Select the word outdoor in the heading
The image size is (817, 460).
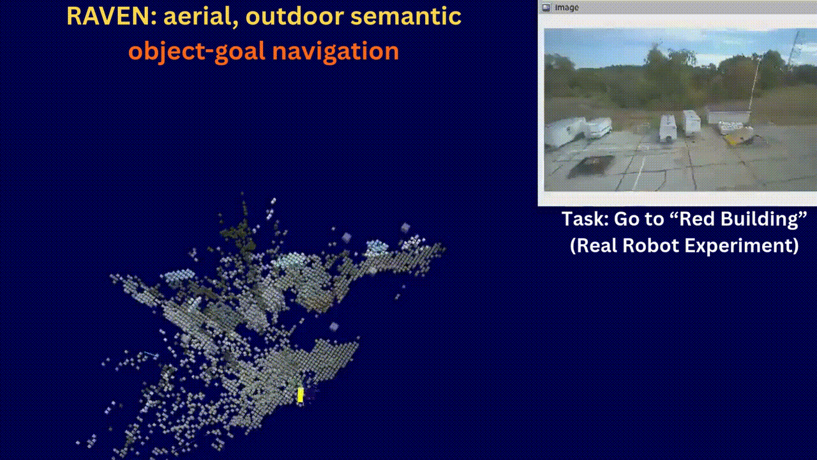coord(294,17)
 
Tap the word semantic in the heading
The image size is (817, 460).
coord(405,17)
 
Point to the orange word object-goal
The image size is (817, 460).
coord(197,51)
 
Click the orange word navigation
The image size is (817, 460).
coord(336,51)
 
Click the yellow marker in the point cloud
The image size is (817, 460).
coord(300,395)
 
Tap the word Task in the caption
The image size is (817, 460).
coord(585,219)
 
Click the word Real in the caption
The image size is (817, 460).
coord(593,245)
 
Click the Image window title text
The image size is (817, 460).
coord(566,7)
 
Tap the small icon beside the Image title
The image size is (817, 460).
coord(546,7)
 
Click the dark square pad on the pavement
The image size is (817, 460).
coord(591,165)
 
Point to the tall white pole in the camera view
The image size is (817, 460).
coord(755,84)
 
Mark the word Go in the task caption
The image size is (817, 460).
coord(626,219)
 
